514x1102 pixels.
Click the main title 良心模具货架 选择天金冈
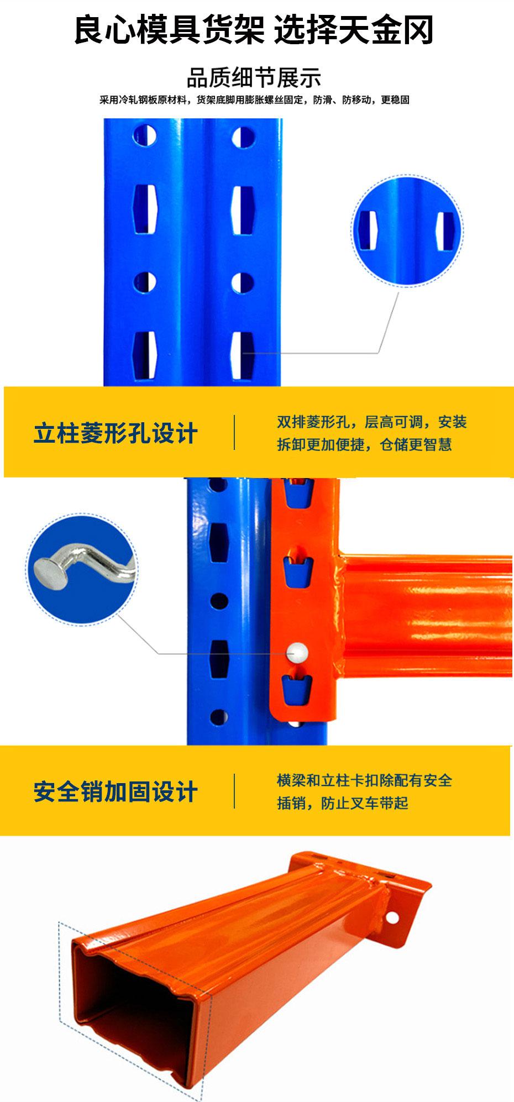tap(254, 30)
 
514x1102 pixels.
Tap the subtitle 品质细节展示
tap(254, 78)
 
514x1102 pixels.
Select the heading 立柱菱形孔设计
tap(116, 433)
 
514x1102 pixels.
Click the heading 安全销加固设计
tap(116, 791)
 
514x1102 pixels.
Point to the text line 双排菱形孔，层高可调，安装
tap(372, 422)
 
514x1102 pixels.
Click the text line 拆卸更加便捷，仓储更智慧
tap(364, 444)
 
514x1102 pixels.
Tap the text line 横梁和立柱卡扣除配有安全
tap(364, 780)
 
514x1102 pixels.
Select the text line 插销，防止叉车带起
tap(342, 803)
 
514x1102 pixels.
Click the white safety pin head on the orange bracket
tap(298, 652)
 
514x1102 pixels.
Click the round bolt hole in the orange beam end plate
tap(392, 918)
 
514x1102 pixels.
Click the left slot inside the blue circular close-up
tap(368, 230)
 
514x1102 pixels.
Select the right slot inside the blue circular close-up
tap(444, 231)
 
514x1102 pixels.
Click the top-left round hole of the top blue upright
tap(145, 135)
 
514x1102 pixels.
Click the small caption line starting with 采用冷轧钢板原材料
tap(254, 100)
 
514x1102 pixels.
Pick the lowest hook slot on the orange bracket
tap(297, 690)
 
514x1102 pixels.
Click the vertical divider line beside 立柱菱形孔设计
tap(234, 432)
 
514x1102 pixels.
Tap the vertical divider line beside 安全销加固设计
tap(234, 791)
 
